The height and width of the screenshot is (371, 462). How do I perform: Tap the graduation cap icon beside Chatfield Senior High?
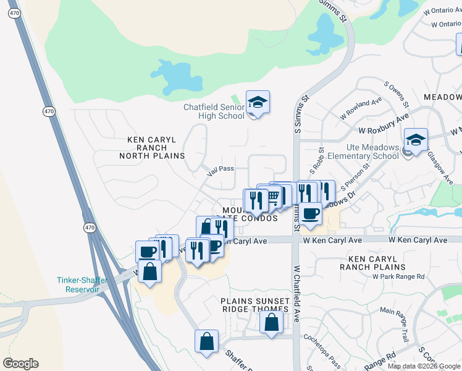(258, 102)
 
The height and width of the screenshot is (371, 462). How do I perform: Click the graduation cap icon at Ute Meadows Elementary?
(416, 140)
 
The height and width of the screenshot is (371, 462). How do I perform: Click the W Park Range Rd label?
(398, 276)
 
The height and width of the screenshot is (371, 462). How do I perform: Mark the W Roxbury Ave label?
(384, 124)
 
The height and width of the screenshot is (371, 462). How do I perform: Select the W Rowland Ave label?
(359, 109)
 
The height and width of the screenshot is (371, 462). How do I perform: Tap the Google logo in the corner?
(20, 364)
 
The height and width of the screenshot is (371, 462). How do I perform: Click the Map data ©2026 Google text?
(424, 366)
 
